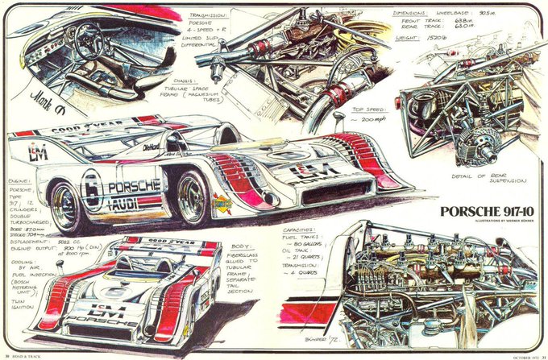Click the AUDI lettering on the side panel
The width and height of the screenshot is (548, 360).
pos(133,203)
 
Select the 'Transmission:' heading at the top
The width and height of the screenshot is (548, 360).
pos(208,15)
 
